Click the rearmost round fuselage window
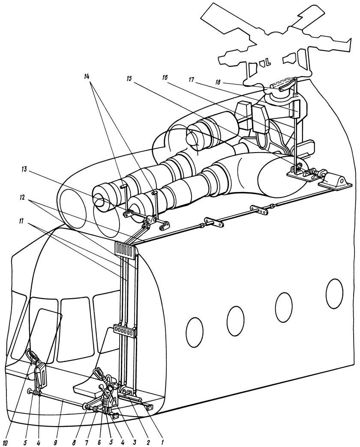[334, 293]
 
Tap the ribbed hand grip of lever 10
[33, 355]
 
